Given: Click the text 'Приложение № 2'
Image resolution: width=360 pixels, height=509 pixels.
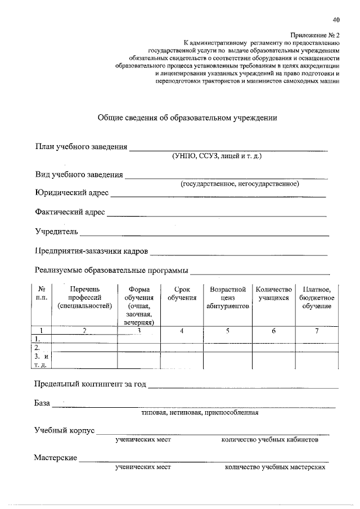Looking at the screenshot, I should click(x=316, y=34).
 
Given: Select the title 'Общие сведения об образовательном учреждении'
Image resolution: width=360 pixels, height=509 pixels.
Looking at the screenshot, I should click(x=187, y=118).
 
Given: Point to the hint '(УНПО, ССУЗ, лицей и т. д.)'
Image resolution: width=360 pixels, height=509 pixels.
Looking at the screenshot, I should click(x=217, y=156).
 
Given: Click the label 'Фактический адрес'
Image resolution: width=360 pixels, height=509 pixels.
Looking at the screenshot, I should click(x=69, y=213).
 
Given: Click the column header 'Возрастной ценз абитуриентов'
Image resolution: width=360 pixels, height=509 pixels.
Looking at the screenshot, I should click(x=228, y=298).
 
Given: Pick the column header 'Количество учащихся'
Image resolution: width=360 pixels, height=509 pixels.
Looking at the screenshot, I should click(x=273, y=294).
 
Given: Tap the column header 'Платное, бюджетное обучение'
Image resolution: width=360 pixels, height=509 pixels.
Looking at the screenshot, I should click(x=317, y=298).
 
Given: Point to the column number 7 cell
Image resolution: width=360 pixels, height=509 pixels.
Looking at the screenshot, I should click(x=317, y=331).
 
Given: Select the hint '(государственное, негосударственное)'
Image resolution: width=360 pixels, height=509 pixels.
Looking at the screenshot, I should click(x=239, y=184).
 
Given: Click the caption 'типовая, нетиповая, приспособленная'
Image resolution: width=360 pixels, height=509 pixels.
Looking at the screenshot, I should click(x=200, y=412).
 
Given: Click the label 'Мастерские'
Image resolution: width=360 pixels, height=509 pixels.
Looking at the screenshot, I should click(x=55, y=458).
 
